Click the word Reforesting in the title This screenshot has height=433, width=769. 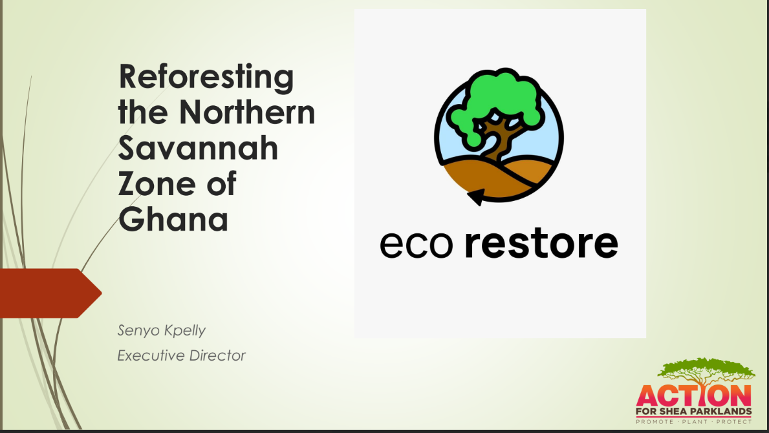[x=206, y=78]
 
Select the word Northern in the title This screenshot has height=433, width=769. [x=247, y=112]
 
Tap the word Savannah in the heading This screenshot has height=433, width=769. [x=198, y=148]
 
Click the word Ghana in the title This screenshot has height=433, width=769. [x=173, y=218]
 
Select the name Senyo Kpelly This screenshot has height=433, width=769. [x=161, y=331]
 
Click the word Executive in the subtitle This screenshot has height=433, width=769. [x=151, y=355]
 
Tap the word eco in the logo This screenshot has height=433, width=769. [x=417, y=244]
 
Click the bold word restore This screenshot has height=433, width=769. [x=541, y=243]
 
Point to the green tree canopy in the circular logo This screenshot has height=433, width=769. [x=496, y=103]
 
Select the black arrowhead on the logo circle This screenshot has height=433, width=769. [x=477, y=196]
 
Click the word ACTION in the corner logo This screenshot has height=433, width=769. [x=693, y=396]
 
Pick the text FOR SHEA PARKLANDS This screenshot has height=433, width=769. [x=693, y=412]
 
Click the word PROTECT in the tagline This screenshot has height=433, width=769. [x=734, y=422]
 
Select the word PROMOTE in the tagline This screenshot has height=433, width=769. [x=655, y=422]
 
